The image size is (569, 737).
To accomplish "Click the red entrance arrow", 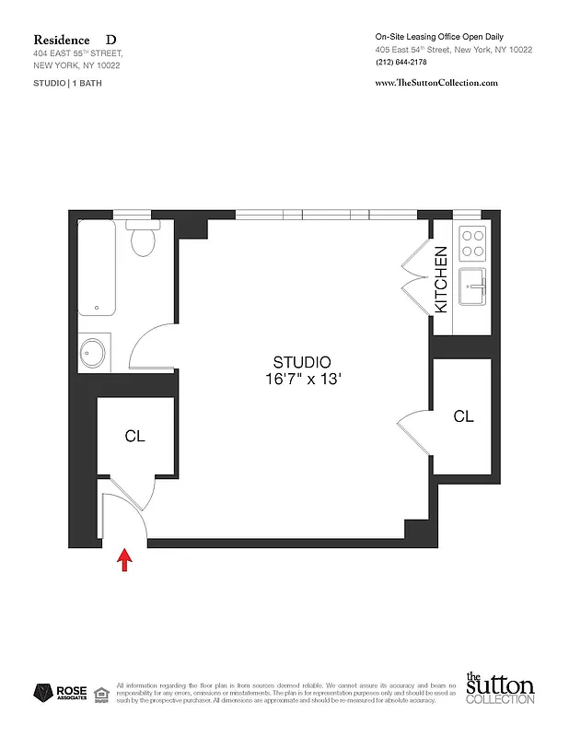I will click(124, 560).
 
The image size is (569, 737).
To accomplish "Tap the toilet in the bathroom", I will click(142, 240).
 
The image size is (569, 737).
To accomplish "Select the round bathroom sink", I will click(93, 351).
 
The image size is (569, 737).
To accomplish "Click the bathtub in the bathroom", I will click(97, 267).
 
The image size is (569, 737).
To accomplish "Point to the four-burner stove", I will click(472, 242).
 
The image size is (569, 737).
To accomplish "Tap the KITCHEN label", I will click(441, 278).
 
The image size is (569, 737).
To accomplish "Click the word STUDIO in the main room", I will click(301, 362).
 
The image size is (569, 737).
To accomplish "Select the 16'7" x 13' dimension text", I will click(301, 379).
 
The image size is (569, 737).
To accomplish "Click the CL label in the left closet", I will click(134, 436).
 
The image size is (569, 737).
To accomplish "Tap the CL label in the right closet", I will click(463, 416).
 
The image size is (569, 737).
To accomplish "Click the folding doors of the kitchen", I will click(412, 275).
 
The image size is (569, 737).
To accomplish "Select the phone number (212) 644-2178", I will click(402, 63).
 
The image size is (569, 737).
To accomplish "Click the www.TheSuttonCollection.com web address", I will click(436, 82).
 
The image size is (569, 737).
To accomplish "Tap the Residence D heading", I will click(75, 40).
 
